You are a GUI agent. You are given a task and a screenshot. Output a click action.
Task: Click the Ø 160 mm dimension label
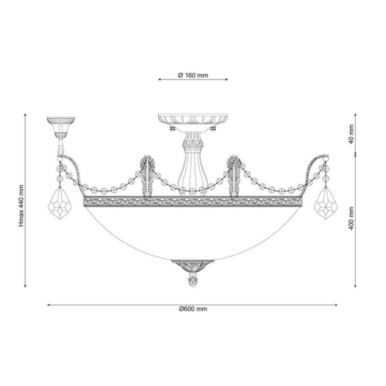coord(193,75)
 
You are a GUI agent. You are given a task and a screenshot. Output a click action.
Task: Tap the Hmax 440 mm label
coord(22,206)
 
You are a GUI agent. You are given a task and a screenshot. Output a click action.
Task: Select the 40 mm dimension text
coord(351,135)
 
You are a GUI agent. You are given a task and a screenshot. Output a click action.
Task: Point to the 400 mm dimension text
coord(351,219)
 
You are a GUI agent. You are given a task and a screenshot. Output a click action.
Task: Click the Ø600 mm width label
coord(193,309)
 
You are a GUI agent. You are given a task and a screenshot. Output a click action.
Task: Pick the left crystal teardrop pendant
coord(61,202)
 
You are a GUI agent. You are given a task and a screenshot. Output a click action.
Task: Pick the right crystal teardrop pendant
coord(326,202)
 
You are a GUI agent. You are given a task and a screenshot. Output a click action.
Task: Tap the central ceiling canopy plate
coord(193,119)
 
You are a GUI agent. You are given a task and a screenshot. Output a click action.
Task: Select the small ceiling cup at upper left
coord(61,127)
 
